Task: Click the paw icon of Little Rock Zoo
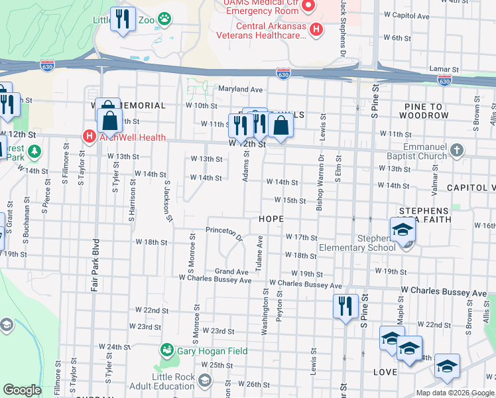tap(163, 20)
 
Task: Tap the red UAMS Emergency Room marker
tap(308, 6)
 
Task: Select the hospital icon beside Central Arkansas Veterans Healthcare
tap(317, 29)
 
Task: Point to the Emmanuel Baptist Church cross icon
tap(456, 151)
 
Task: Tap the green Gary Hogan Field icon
tap(166, 350)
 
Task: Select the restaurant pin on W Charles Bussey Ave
tap(345, 306)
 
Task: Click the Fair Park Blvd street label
tap(95, 264)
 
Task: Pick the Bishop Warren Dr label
tap(320, 187)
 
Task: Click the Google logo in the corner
tap(22, 390)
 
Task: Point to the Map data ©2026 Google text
tap(455, 393)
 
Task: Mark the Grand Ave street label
tap(231, 272)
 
